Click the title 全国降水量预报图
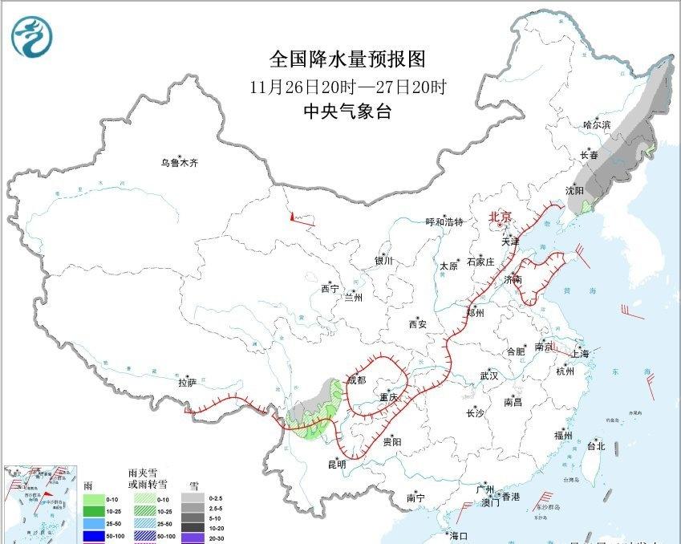coord(347,59)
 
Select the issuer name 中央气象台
coord(347,112)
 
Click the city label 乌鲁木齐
coord(178,163)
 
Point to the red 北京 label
coord(501,217)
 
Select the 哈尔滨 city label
coord(597,125)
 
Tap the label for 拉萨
coord(187,384)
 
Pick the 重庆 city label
coord(390,398)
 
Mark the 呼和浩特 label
coord(444,222)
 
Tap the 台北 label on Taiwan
coord(596,446)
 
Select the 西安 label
coord(418,325)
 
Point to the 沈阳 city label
coord(574,191)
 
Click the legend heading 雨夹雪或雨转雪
coord(147,479)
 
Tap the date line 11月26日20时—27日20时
coord(347,86)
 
